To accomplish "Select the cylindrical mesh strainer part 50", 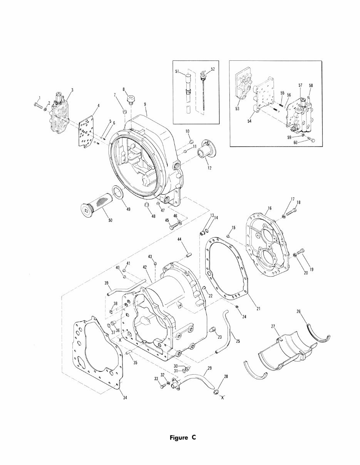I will pyautogui.click(x=97, y=204).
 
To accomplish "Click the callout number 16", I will pyautogui.click(x=269, y=208).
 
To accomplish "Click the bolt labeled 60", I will pyautogui.click(x=312, y=140).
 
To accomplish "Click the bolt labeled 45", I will pyautogui.click(x=171, y=227).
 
